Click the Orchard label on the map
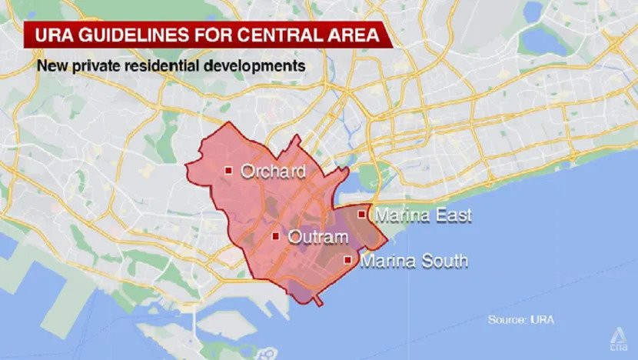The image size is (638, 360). click(x=273, y=171)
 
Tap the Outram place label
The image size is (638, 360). click(x=317, y=237)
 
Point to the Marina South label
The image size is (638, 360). click(x=414, y=261)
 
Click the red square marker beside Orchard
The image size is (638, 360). click(x=228, y=170)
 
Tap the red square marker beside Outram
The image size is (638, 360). click(x=275, y=236)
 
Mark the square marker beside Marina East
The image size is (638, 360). click(x=362, y=214)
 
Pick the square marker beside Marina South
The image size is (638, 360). click(x=348, y=260)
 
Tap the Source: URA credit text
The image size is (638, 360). click(x=520, y=318)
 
